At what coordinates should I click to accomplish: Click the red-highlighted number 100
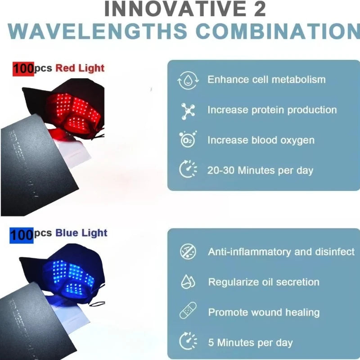22,69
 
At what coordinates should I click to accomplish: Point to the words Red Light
80,68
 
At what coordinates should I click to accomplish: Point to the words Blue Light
81,233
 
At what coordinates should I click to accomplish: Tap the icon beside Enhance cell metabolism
187,80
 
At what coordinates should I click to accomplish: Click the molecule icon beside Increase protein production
187,110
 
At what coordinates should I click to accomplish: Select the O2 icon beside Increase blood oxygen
187,140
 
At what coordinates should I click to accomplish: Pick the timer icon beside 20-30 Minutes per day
187,170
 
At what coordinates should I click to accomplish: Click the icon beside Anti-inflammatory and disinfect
187,252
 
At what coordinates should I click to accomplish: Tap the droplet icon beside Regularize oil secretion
187,282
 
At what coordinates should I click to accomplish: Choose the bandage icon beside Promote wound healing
187,312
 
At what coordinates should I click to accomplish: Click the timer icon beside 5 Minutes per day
187,342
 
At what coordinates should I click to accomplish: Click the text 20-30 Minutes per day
260,170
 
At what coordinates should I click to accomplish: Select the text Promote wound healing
264,312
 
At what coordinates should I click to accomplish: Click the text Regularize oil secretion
264,282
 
